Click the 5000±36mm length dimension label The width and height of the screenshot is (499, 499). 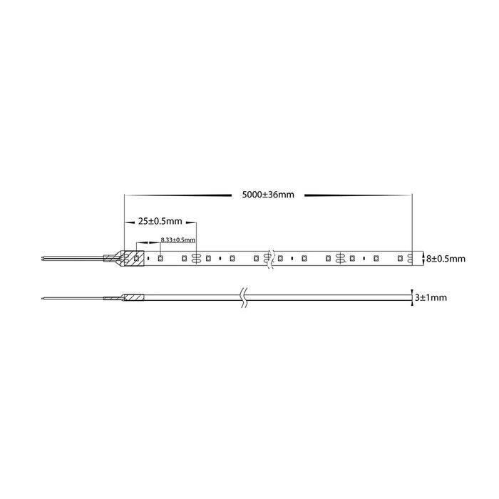pyautogui.click(x=268, y=195)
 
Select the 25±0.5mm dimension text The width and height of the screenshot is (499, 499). pyautogui.click(x=160, y=221)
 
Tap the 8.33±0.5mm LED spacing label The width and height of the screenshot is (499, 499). pyautogui.click(x=178, y=240)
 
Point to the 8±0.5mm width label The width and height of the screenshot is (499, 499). pyautogui.click(x=446, y=259)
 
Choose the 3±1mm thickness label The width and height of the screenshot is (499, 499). pyautogui.click(x=431, y=297)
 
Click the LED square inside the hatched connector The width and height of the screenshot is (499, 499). pyautogui.click(x=136, y=258)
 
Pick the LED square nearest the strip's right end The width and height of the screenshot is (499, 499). pyautogui.click(x=400, y=258)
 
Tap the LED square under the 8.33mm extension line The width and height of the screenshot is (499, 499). pyautogui.click(x=160, y=258)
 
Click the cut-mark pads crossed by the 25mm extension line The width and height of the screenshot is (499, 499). pyautogui.click(x=196, y=258)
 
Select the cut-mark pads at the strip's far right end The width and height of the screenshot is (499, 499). pyautogui.click(x=410, y=258)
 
